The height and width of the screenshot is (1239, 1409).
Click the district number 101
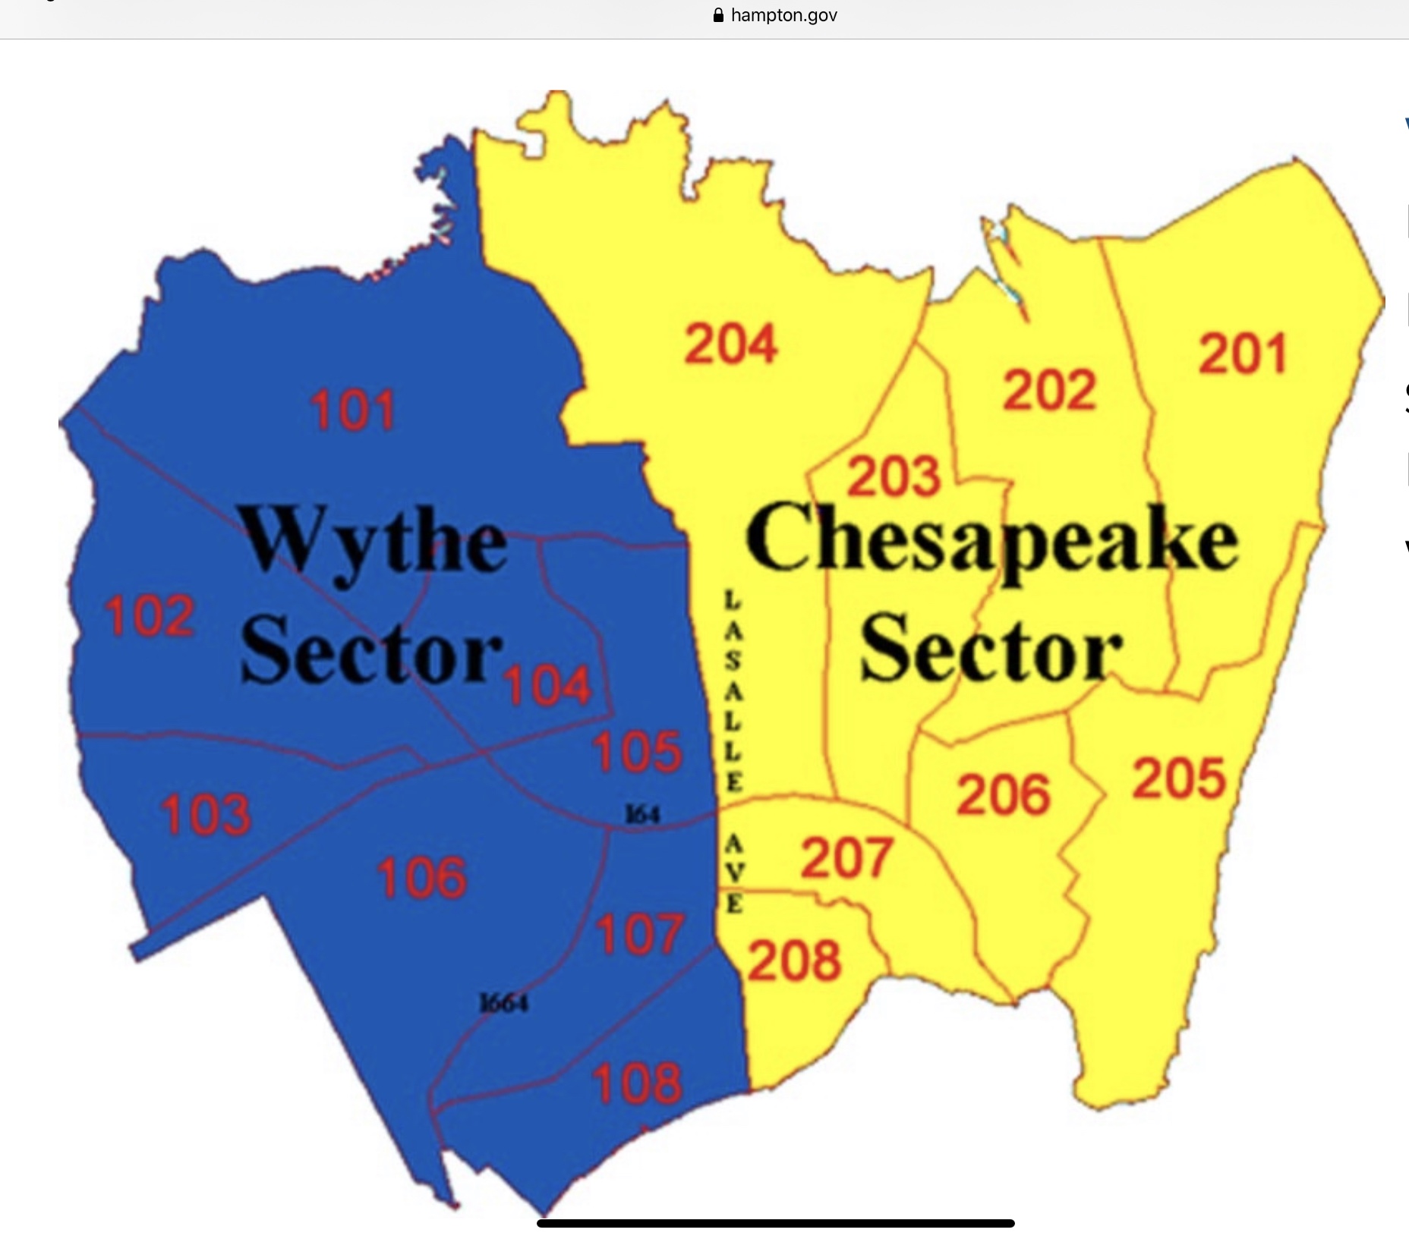[353, 410]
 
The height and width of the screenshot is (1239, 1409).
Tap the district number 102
[150, 615]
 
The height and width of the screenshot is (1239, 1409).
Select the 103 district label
[206, 813]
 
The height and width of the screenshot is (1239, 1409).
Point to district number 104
[548, 685]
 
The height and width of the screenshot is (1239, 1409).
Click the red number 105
[638, 752]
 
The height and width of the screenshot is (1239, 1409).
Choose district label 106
[422, 878]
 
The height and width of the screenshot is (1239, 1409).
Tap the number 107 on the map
[639, 934]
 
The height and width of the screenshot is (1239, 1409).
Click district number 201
[1243, 354]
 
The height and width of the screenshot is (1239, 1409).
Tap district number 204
[731, 344]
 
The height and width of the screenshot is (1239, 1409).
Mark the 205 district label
[1179, 778]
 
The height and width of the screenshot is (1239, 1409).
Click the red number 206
[1004, 794]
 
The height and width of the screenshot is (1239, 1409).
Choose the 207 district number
[846, 857]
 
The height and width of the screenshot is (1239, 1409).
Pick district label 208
[796, 960]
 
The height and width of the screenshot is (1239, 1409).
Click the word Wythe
[374, 540]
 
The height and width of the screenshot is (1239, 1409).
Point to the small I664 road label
[504, 1003]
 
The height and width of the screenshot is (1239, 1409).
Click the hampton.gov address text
[783, 15]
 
